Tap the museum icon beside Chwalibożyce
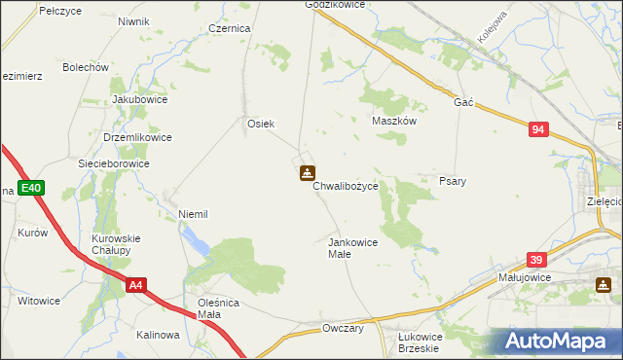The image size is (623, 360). coord(307,174)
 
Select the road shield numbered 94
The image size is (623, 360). coord(539,128)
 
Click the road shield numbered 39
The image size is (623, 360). coord(535,260)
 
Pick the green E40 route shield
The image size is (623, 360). coord(30,188)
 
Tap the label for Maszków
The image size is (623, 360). coord(395,122)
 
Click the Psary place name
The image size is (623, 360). coord(453,182)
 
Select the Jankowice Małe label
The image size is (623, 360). coord(352,247)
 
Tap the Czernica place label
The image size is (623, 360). coord(230,29)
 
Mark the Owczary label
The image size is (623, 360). coord(343,328)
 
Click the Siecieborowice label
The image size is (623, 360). coord(114,163)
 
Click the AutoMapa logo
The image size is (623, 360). coord(561,342)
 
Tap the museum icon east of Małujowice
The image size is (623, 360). coord(604,285)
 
